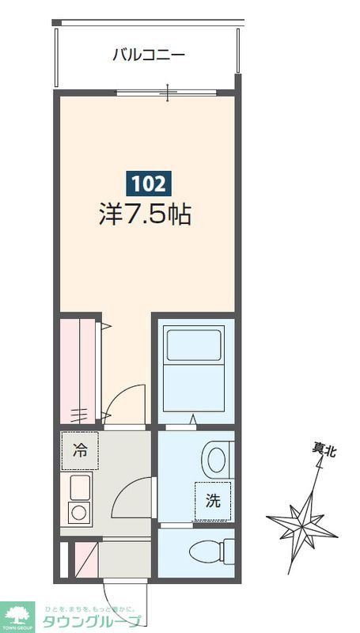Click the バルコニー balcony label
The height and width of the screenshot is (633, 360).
coord(148,55)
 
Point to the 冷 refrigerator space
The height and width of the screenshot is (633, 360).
coord(80,452)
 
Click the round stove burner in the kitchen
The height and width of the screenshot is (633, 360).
coord(80,512)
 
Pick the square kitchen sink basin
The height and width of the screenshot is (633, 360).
coord(80,486)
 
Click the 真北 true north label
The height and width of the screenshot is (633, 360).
coord(324,450)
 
